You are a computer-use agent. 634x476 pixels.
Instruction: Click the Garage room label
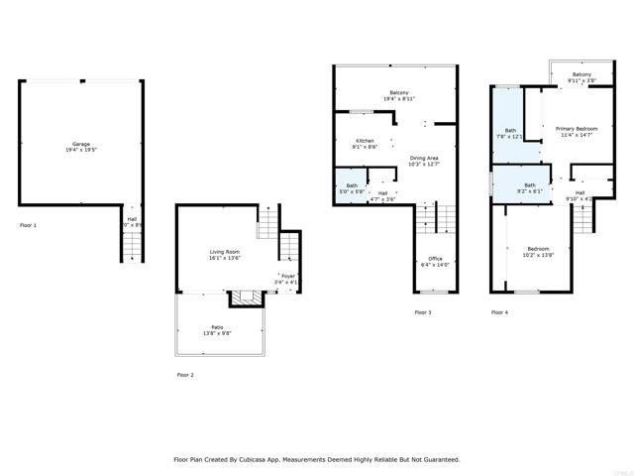(80, 145)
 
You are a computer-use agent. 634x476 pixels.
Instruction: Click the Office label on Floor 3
(435, 262)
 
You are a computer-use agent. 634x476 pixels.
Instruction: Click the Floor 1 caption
(28, 226)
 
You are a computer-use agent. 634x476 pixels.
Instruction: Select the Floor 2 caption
(185, 375)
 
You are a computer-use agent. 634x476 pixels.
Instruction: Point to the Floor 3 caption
(422, 312)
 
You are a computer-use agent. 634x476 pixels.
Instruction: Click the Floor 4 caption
(499, 312)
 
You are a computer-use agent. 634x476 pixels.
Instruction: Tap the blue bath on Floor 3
(351, 188)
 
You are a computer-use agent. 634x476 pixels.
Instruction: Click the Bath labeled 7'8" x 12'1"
(510, 133)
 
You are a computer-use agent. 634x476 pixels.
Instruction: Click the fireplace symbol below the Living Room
(244, 297)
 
